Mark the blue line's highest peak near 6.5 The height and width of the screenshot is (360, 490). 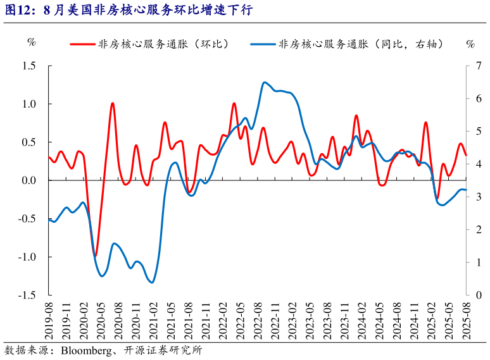tap(264, 82)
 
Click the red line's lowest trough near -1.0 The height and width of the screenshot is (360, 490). tap(95, 256)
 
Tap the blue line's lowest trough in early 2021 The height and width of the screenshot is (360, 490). tap(151, 282)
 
